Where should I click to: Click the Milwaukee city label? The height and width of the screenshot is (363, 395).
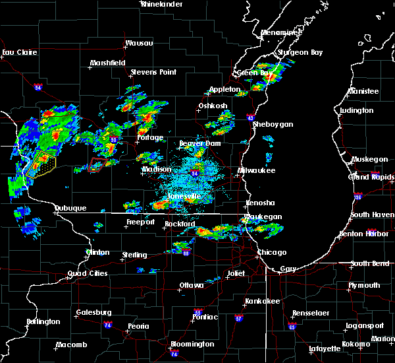[x=257, y=170]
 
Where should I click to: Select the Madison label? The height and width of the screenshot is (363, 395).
[x=156, y=170]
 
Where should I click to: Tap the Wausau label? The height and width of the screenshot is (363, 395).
[x=139, y=44]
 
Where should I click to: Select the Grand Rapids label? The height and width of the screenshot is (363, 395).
[x=371, y=177]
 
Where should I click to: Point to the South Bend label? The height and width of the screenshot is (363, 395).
[x=369, y=264]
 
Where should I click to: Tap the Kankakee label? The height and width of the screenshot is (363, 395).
[x=259, y=301]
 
